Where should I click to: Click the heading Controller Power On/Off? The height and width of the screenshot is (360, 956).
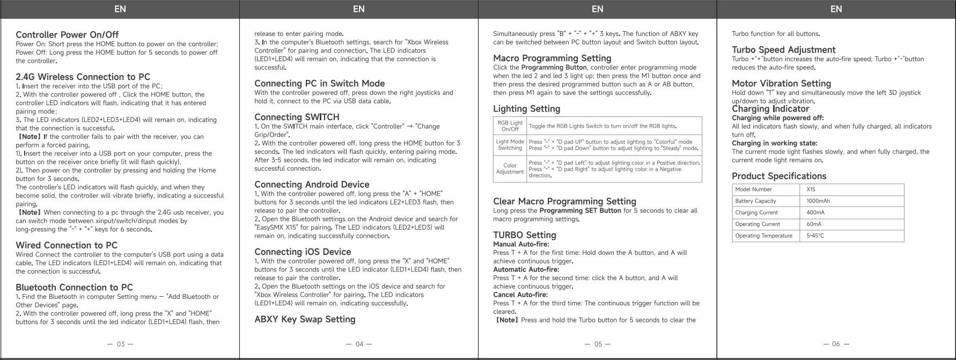pyautogui.click(x=67, y=35)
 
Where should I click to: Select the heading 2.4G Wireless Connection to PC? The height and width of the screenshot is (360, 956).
pyautogui.click(x=83, y=77)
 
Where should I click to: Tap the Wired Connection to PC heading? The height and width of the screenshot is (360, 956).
pyautogui.click(x=67, y=245)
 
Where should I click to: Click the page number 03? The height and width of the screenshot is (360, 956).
pyautogui.click(x=121, y=344)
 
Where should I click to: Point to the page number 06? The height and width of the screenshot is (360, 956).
pyautogui.click(x=836, y=344)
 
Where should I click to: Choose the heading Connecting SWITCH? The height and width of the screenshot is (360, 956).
pyautogui.click(x=297, y=117)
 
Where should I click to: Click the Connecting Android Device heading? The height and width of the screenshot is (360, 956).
pyautogui.click(x=312, y=185)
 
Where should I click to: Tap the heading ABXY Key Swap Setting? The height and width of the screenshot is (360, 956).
pyautogui.click(x=305, y=319)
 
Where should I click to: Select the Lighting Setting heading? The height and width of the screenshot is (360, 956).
pyautogui.click(x=526, y=109)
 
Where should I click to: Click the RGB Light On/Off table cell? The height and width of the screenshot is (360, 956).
pyautogui.click(x=510, y=126)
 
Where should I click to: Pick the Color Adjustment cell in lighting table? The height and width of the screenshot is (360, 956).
pyautogui.click(x=510, y=168)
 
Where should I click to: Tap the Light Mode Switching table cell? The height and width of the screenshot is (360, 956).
pyautogui.click(x=510, y=145)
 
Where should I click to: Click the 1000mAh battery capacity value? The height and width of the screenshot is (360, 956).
pyautogui.click(x=818, y=201)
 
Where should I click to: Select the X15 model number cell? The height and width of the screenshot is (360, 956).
pyautogui.click(x=811, y=189)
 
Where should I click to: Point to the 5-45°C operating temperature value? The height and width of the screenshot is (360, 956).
pyautogui.click(x=815, y=236)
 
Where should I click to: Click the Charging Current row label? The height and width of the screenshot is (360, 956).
pyautogui.click(x=756, y=212)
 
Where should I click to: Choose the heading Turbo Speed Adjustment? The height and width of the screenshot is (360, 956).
pyautogui.click(x=783, y=50)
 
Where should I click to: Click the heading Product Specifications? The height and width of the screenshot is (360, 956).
pyautogui.click(x=779, y=176)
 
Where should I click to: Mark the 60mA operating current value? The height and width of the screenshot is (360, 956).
pyautogui.click(x=814, y=224)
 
